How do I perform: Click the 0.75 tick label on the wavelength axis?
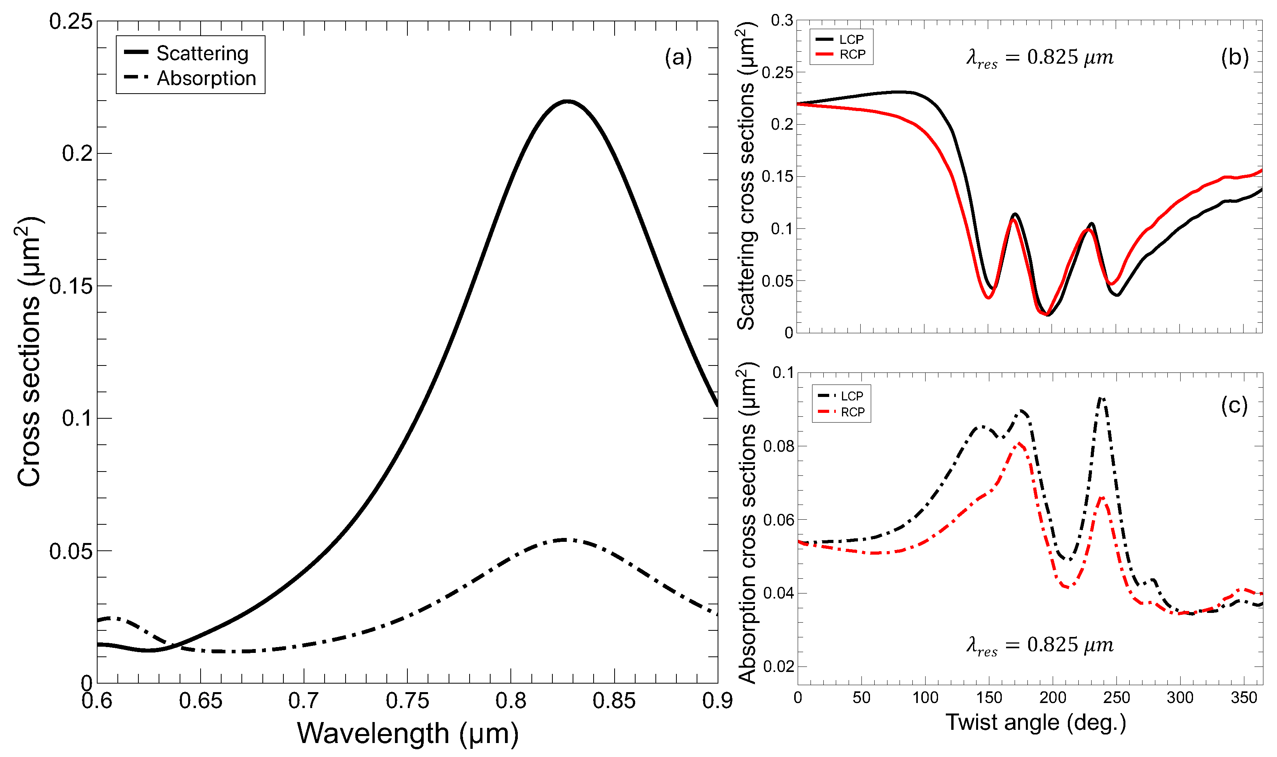coord(407,701)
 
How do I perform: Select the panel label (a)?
coord(678,57)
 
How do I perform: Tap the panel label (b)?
coord(1235,57)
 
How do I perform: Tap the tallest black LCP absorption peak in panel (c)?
coord(1101,399)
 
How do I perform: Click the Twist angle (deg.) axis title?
coord(1036,723)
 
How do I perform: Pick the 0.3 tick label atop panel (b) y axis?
coord(781,21)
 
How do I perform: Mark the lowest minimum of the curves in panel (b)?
coord(1048,315)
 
